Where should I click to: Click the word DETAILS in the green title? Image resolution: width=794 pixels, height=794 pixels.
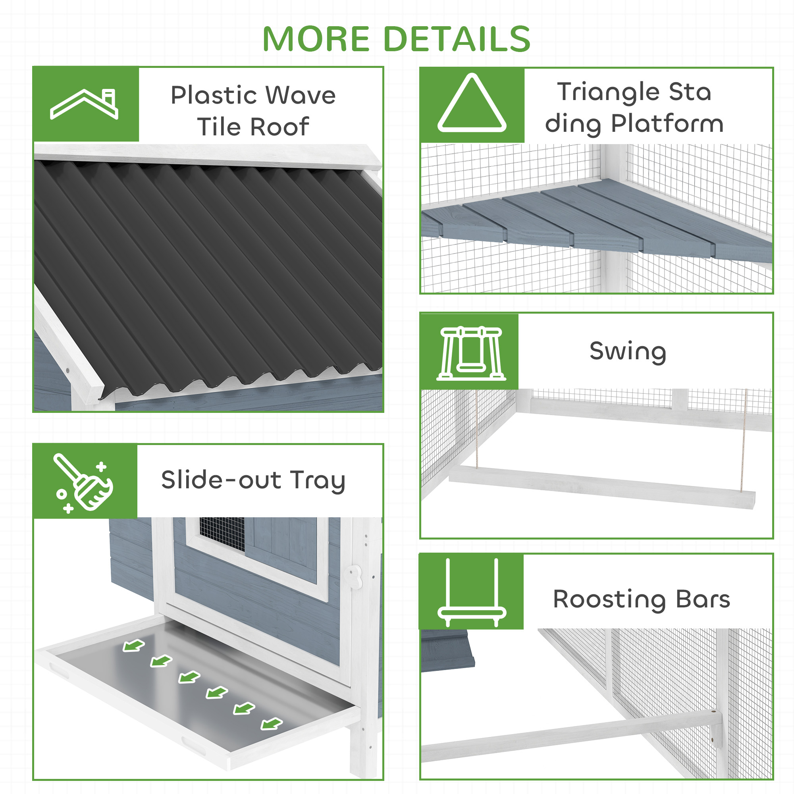point(457,39)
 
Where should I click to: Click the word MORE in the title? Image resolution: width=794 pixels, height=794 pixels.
point(316,39)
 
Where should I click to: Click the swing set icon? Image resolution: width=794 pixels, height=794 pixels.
point(471,353)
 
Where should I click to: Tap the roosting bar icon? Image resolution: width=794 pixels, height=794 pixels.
point(471,592)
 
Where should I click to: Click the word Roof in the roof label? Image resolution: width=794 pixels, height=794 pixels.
point(279,127)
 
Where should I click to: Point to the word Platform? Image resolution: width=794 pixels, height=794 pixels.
point(667,124)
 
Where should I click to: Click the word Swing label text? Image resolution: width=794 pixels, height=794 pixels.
point(628,351)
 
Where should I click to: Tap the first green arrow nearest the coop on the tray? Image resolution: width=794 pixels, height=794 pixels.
point(133,646)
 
